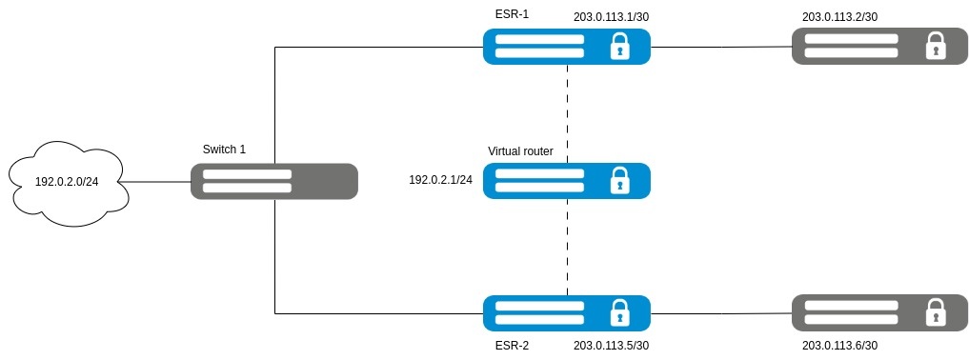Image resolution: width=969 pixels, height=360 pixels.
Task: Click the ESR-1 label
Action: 512,13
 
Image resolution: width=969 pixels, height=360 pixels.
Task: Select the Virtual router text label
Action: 520,151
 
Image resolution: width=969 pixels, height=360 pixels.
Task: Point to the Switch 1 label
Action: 224,150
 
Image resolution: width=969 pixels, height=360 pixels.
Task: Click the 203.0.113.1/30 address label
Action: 611,17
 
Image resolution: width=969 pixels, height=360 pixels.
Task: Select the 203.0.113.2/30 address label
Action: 839,17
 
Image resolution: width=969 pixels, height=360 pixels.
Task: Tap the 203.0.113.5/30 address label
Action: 611,346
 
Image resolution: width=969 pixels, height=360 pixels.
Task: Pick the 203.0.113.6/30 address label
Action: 839,346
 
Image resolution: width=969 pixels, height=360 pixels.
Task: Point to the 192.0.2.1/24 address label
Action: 440,180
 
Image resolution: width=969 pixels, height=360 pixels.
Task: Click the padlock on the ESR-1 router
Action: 620,47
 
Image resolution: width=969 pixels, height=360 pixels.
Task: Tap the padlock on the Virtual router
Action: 620,180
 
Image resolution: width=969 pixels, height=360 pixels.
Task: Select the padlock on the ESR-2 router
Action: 620,312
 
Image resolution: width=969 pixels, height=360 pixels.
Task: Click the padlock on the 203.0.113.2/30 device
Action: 936,47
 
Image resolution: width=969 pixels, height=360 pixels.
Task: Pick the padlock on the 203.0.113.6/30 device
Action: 936,312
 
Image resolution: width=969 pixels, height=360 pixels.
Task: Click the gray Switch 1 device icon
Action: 273,181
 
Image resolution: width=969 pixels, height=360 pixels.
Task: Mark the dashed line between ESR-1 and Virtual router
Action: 567,113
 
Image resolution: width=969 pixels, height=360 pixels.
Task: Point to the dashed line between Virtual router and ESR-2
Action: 567,247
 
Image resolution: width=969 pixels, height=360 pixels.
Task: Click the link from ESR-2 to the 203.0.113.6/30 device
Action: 721,313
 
